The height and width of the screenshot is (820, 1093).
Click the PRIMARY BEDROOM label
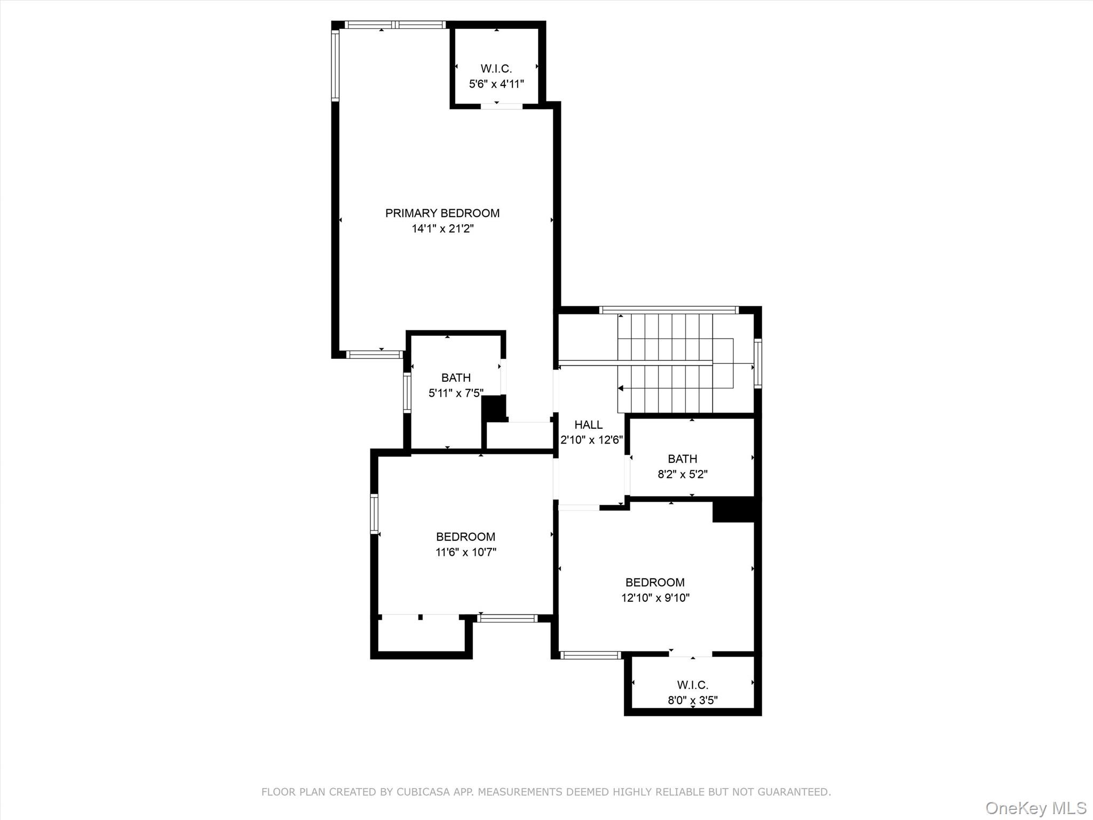442,213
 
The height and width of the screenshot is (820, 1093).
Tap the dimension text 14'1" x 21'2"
442,228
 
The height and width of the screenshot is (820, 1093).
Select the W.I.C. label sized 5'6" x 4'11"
496,68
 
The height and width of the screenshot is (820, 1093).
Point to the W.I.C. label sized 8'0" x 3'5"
692,684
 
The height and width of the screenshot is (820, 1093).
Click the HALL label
588,424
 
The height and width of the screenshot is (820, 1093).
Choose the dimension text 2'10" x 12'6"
591,440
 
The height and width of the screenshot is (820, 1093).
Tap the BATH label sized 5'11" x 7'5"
456,377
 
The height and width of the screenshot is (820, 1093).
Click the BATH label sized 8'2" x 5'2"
682,459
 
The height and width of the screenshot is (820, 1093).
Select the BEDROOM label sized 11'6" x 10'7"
465,537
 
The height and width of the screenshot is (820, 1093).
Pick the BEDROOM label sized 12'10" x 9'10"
655,582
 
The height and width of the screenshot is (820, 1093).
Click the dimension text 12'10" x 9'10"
655,597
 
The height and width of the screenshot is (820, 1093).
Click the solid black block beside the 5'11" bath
494,408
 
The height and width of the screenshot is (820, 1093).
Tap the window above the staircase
668,310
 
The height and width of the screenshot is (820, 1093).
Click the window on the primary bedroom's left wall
335,66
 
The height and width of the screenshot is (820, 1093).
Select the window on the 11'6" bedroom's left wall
374,514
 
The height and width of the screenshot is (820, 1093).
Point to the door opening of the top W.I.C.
501,106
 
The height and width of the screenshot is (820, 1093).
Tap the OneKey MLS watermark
1035,808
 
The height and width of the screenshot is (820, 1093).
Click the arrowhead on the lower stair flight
621,388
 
